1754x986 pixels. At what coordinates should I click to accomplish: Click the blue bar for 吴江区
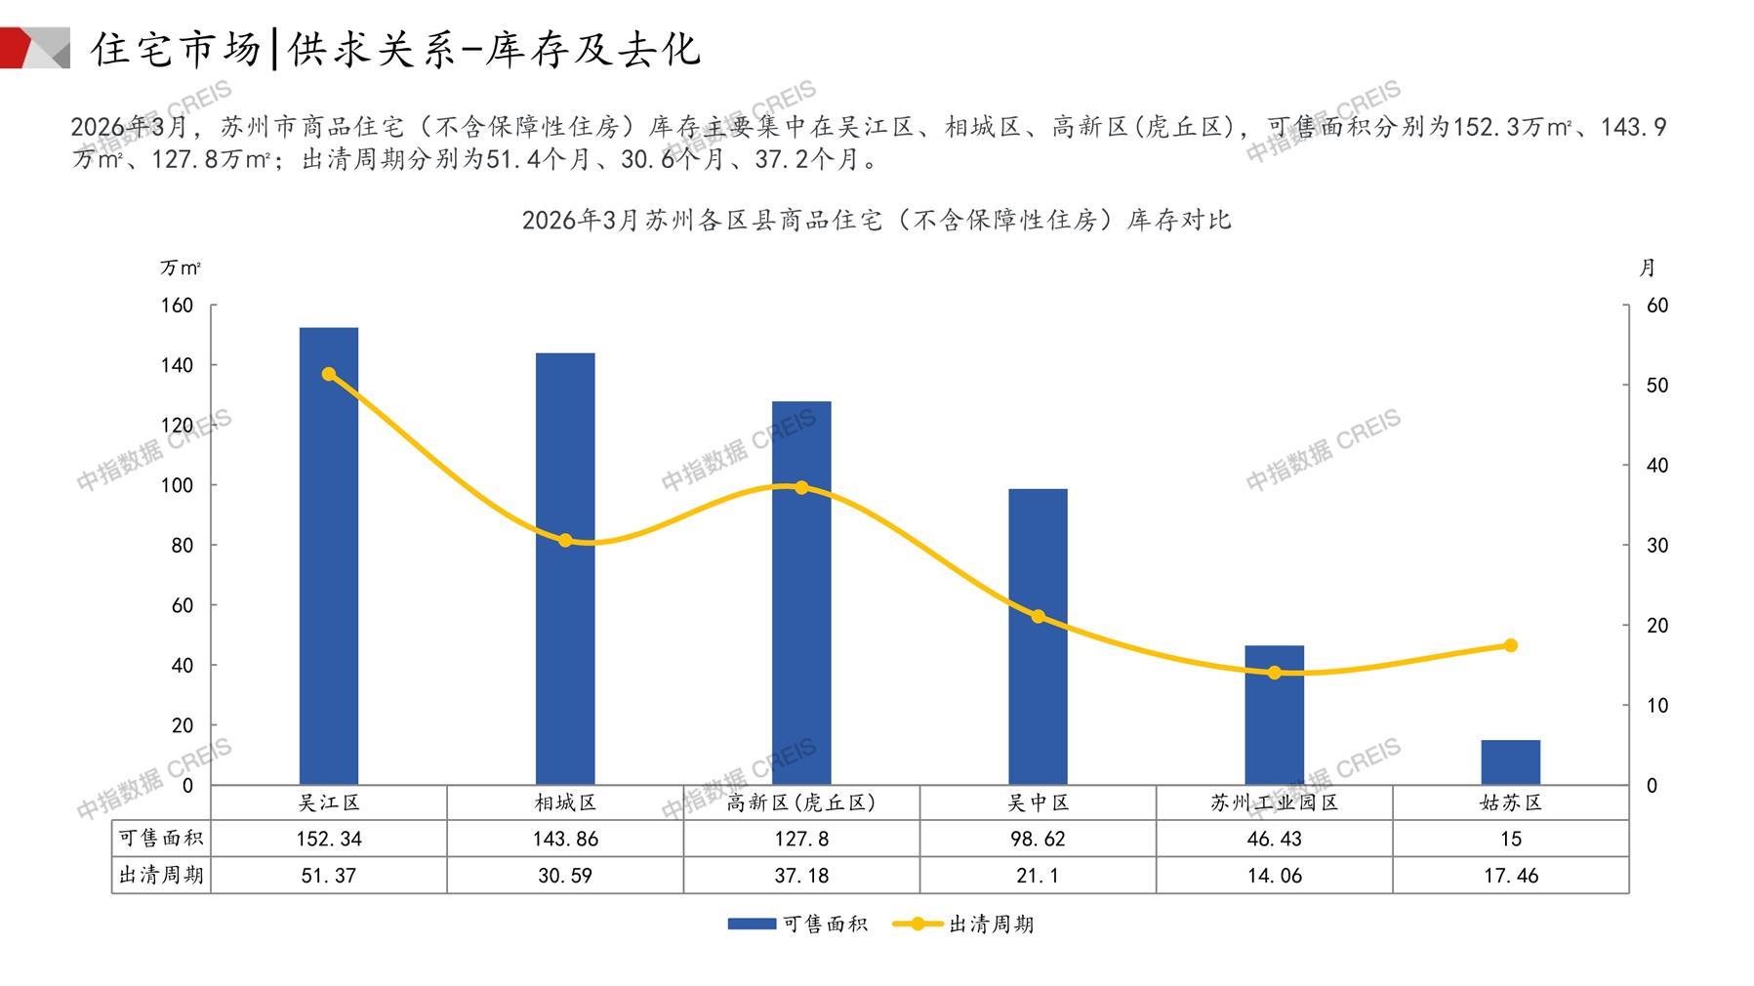pyautogui.click(x=328, y=556)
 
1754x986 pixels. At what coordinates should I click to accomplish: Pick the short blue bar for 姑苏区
pyautogui.click(x=1510, y=762)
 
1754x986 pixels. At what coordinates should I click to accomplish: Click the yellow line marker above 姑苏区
pyautogui.click(x=1510, y=645)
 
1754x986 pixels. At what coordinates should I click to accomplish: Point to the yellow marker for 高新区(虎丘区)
pyautogui.click(x=801, y=487)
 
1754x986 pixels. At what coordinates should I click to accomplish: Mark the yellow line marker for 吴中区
pyautogui.click(x=1038, y=616)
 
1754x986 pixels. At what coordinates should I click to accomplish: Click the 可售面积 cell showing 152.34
pyautogui.click(x=328, y=839)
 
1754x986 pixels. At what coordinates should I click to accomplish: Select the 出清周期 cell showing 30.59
pyautogui.click(x=565, y=876)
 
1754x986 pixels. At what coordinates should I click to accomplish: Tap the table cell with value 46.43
pyautogui.click(x=1274, y=839)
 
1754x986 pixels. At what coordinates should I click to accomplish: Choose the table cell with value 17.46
pyautogui.click(x=1510, y=876)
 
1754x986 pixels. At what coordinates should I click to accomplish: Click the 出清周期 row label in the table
pyautogui.click(x=161, y=876)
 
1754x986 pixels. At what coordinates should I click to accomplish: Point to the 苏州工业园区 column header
pyautogui.click(x=1274, y=802)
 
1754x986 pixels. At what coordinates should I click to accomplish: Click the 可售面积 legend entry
pyautogui.click(x=797, y=924)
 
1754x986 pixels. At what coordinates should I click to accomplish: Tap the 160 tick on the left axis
pyautogui.click(x=178, y=306)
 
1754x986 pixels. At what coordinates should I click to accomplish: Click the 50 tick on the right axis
pyautogui.click(x=1657, y=386)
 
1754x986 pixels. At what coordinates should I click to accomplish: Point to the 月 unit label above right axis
pyautogui.click(x=1648, y=267)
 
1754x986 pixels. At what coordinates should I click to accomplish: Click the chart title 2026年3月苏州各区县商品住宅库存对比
pyautogui.click(x=877, y=220)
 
